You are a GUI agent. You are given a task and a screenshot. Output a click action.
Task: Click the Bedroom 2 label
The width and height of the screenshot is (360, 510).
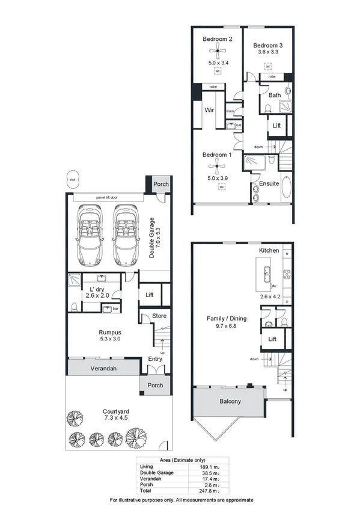coord(217,39)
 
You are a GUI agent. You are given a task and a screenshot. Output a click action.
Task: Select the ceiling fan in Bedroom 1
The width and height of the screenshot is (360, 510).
coord(217,166)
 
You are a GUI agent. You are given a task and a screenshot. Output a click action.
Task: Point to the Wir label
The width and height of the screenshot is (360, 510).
coord(210,110)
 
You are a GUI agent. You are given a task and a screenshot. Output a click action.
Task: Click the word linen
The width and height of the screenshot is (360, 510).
coord(230,111)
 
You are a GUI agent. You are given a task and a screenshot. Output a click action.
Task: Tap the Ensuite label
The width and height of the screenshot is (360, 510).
coord(269,183)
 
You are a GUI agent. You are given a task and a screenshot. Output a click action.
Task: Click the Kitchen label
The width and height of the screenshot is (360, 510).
coord(270,250)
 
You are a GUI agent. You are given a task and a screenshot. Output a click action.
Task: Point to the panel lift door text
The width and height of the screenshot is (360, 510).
coord(109,197)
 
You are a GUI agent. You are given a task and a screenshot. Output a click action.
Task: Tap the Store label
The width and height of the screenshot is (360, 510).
coord(159,316)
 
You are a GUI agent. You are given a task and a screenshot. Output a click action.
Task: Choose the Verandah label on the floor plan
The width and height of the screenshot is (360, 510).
coord(103,368)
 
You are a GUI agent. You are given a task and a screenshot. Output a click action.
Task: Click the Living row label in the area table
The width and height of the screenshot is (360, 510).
coord(146,466)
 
